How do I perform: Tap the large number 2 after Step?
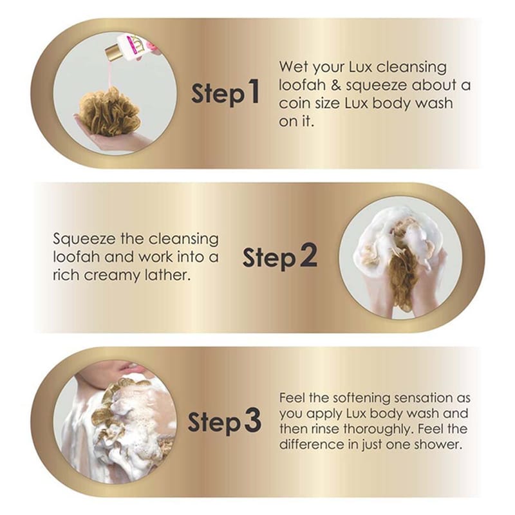click(x=308, y=255)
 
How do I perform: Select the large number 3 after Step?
click(x=252, y=420)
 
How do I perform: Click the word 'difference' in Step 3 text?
click(x=310, y=444)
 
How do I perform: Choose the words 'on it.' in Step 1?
click(x=297, y=122)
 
